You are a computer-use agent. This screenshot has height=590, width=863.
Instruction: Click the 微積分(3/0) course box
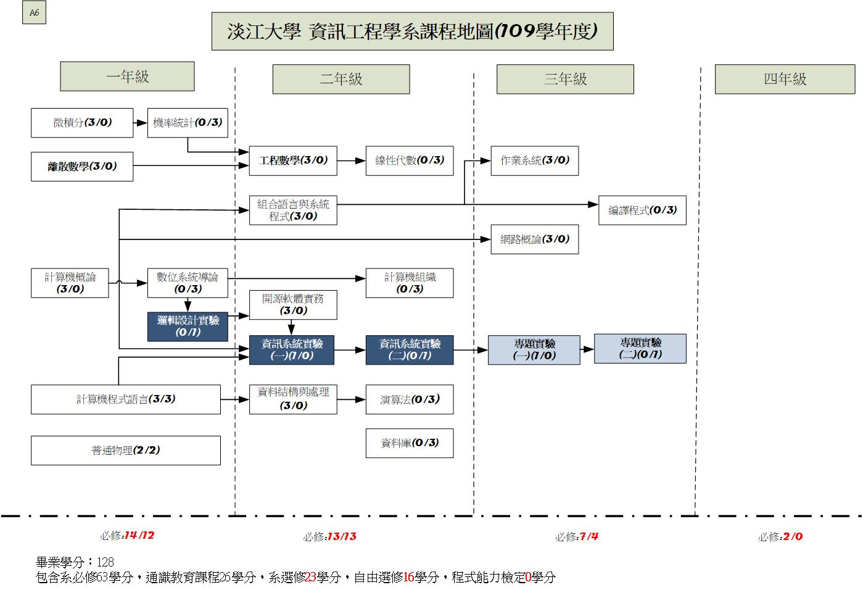pos(82,123)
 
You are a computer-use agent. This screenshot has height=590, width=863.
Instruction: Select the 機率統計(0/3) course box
pos(188,123)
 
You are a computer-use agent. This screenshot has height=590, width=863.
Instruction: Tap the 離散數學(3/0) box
pos(82,166)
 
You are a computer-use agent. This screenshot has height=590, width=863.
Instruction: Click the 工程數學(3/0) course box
pos(293,160)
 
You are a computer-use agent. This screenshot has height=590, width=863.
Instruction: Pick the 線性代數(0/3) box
pos(410,160)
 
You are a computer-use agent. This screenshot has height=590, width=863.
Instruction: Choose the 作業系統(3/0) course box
pos(534,160)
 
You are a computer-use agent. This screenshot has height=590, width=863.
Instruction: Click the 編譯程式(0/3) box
pos(642,210)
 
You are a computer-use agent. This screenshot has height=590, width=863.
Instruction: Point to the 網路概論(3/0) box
pos(534,239)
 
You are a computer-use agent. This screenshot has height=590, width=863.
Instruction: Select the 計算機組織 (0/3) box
pos(410,283)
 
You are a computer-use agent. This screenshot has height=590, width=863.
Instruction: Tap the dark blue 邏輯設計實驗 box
pos(188,326)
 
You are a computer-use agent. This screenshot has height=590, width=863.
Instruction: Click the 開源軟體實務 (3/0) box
pos(293,305)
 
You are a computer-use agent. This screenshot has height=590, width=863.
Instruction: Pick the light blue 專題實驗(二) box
pos(640,349)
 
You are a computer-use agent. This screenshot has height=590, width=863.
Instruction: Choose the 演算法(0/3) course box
pos(410,400)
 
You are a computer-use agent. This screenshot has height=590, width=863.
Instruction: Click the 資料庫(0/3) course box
pos(410,443)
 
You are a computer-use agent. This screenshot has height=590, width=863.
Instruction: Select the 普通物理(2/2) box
pos(126,451)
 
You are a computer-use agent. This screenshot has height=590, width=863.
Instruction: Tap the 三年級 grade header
pos(565,79)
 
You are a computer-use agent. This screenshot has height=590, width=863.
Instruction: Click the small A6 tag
pos(34,13)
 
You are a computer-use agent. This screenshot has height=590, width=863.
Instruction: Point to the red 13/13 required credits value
pos(342,536)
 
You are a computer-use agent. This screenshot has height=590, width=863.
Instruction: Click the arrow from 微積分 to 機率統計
pos(140,123)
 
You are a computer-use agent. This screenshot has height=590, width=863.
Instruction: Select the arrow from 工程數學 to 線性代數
pos(351,160)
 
